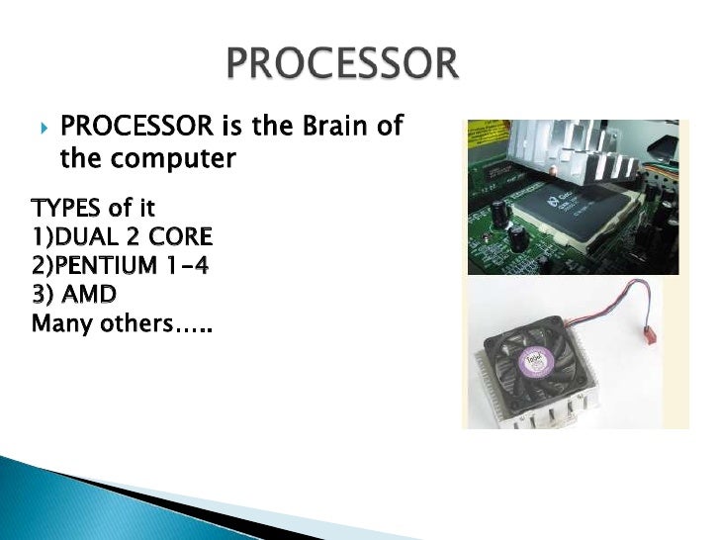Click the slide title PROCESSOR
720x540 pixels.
tap(342, 66)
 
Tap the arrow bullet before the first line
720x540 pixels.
tap(43, 129)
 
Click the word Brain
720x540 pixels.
tap(321, 128)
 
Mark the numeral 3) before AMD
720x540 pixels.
tap(43, 295)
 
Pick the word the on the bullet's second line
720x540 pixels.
tap(86, 158)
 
